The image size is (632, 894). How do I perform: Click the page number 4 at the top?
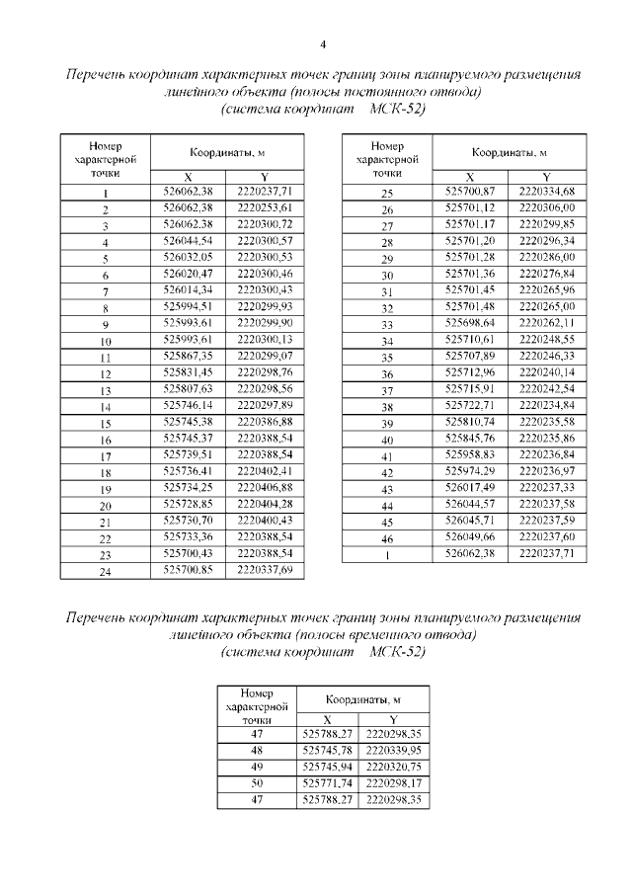point(323,43)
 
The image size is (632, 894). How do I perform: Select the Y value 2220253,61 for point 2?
point(265,208)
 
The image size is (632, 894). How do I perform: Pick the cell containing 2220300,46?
point(265,272)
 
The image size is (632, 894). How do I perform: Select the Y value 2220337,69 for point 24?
point(265,570)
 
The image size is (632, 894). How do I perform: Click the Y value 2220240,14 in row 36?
point(546,372)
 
